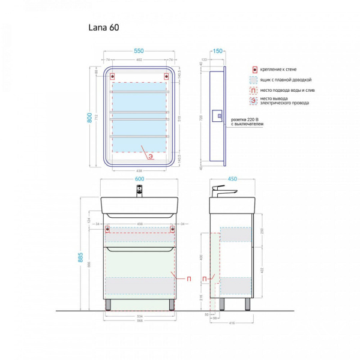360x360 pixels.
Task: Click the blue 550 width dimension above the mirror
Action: [x=140, y=52]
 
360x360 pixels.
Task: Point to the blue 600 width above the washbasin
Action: [x=140, y=178]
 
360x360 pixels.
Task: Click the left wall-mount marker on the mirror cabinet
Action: [x=113, y=76]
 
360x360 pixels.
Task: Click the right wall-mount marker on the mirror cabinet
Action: [x=166, y=76]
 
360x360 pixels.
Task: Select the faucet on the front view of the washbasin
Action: [x=140, y=191]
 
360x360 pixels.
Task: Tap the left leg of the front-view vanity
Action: [x=107, y=304]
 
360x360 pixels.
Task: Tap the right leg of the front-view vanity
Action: [x=173, y=304]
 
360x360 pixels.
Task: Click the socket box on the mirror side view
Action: [x=218, y=115]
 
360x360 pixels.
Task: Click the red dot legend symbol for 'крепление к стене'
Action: [x=254, y=69]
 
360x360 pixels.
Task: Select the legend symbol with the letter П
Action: [x=254, y=91]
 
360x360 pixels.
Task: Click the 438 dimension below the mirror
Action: [x=140, y=170]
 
